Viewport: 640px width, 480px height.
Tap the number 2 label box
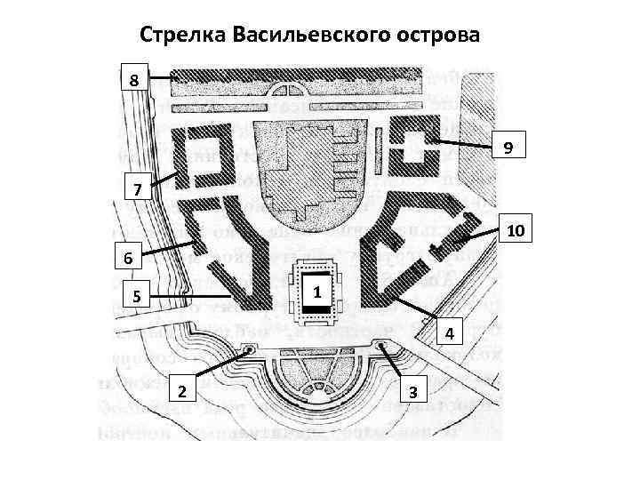[181, 391]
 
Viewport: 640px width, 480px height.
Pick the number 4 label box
[451, 332]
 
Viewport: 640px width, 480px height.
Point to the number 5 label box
[136, 296]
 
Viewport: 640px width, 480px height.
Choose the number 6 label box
[129, 259]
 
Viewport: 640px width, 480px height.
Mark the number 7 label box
[136, 190]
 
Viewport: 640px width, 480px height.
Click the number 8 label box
[133, 80]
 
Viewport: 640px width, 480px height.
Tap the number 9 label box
[507, 146]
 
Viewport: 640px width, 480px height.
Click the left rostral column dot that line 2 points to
[250, 350]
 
